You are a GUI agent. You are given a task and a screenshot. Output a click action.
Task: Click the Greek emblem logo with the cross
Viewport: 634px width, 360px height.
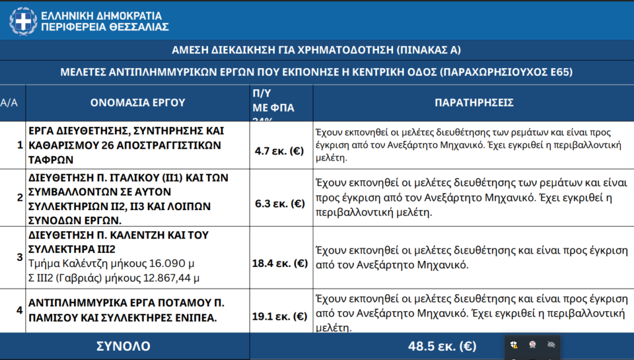22,20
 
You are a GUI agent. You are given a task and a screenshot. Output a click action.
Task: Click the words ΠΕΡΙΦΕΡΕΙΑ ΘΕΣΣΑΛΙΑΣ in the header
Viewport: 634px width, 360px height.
105,27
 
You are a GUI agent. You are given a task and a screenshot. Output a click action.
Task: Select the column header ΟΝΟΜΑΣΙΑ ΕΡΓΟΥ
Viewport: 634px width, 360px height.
138,103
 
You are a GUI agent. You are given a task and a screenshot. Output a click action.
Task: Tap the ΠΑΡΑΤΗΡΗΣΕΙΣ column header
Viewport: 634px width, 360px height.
474,103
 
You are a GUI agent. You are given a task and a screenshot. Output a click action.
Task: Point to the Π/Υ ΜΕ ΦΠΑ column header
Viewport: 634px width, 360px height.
273,102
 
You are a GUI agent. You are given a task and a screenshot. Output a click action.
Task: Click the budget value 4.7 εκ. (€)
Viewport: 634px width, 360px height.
280,151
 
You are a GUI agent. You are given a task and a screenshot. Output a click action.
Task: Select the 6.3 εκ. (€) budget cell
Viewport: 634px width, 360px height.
280,204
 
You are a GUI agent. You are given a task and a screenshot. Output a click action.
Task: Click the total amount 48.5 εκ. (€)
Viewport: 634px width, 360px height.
442,346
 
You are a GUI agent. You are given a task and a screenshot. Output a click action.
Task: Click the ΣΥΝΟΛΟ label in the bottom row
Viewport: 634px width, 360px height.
122,346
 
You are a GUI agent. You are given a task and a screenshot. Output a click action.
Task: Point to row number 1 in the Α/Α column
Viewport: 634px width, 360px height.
20,146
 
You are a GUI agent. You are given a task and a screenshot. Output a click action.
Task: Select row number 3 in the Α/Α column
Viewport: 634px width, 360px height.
20,257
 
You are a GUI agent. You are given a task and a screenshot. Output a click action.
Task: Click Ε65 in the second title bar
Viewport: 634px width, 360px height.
560,72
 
